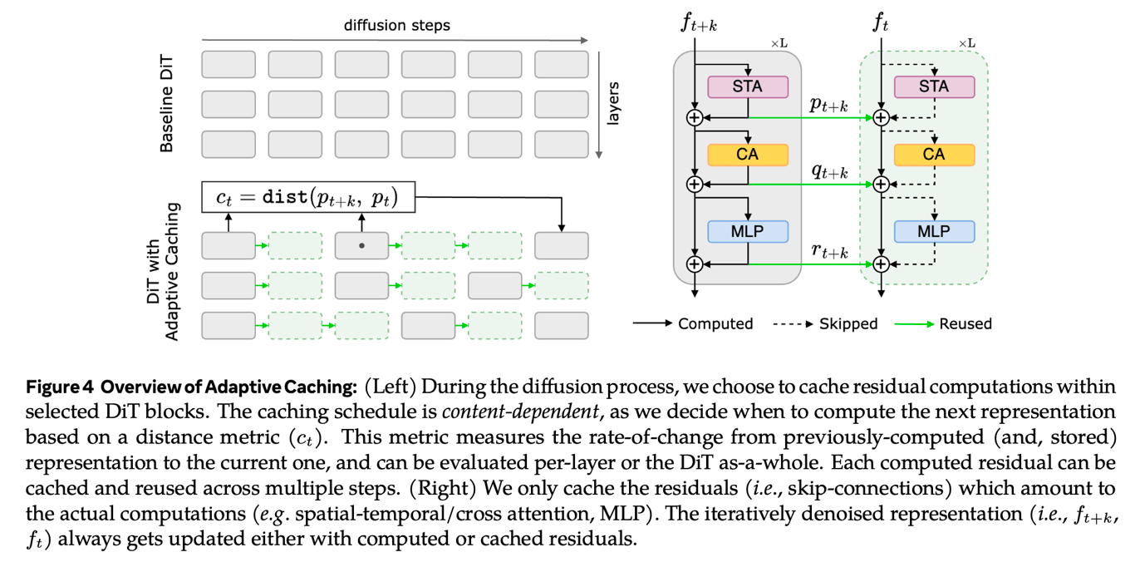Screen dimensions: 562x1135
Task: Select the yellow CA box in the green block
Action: tap(933, 155)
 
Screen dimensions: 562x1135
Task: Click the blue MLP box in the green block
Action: tap(933, 232)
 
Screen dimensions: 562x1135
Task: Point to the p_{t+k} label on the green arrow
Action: tap(828, 106)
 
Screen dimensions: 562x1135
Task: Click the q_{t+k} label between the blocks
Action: tap(828, 171)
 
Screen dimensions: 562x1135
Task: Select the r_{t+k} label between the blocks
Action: tap(828, 252)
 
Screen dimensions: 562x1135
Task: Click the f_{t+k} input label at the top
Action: tap(698, 22)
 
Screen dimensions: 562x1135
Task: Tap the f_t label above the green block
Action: tap(881, 22)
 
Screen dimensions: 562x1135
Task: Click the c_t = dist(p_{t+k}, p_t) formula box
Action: tap(308, 199)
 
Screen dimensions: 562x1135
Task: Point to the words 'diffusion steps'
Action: tap(397, 25)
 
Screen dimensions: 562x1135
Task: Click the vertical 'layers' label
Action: tap(614, 103)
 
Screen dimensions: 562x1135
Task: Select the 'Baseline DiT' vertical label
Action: tap(166, 104)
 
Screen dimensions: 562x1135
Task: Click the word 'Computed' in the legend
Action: tap(715, 323)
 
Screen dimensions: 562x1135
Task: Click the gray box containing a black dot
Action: tap(361, 246)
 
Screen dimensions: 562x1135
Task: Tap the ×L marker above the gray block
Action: tap(779, 43)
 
